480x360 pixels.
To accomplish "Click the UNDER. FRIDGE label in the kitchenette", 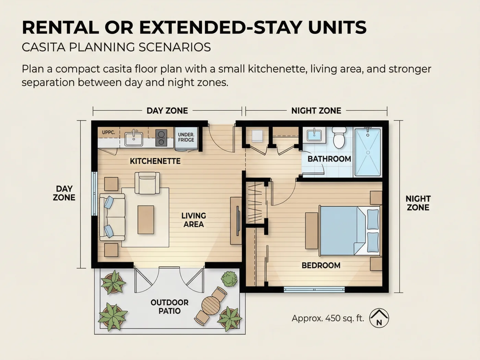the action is tap(186, 137).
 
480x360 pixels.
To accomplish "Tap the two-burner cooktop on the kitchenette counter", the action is tap(161, 138).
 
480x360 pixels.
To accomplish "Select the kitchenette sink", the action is tap(134, 139).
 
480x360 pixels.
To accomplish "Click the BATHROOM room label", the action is tap(329, 159).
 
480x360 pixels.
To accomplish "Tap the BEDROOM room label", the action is tap(321, 265).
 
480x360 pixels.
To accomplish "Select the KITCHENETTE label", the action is tap(155, 161).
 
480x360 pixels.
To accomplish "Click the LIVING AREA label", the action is tap(193, 220).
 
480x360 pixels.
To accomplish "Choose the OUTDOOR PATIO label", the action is tap(169, 307).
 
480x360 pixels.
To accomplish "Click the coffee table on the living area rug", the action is tap(146, 220).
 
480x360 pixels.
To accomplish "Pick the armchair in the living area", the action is tap(147, 183).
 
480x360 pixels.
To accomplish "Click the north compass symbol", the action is tap(379, 318).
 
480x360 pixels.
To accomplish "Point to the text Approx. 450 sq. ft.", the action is tap(328, 318).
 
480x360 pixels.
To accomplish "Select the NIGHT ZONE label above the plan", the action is tap(316, 111).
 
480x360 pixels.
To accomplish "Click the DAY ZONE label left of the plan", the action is tap(64, 193).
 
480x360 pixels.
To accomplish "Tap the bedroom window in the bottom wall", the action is tap(314, 289).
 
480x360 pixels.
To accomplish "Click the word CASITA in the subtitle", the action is tap(44, 47).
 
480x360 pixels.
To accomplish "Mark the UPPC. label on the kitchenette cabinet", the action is tap(108, 132).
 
